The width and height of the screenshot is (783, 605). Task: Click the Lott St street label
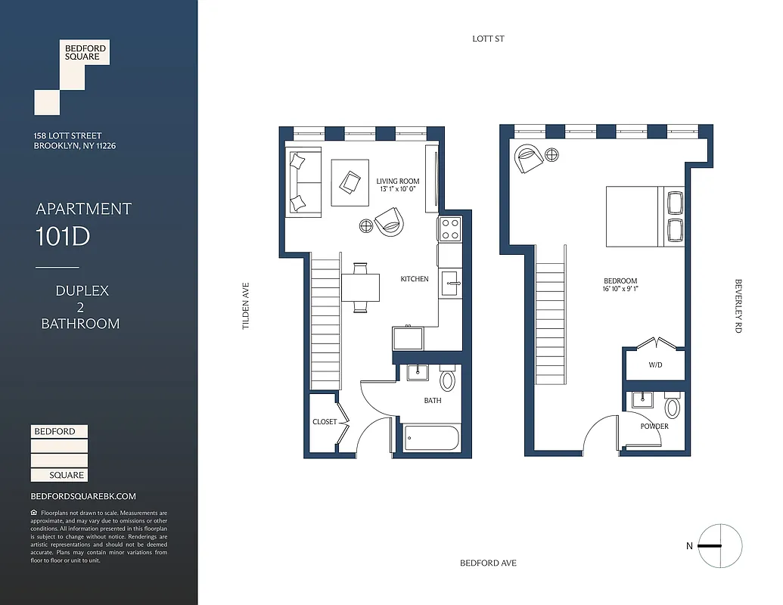[x=488, y=39]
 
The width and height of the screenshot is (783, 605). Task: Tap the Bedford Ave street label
[x=488, y=563]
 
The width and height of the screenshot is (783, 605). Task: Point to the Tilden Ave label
[x=245, y=306]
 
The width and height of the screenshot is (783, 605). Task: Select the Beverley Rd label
[x=738, y=306]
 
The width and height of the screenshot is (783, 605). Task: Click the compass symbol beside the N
[x=720, y=546]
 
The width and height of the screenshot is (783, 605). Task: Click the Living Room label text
[x=397, y=181]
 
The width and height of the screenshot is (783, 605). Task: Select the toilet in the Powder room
[x=672, y=408]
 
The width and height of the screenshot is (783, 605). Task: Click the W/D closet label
[x=654, y=365]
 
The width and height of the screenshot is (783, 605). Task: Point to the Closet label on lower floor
[x=324, y=422]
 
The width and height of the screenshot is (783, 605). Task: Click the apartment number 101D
[x=62, y=237]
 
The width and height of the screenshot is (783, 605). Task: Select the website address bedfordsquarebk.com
[x=83, y=497]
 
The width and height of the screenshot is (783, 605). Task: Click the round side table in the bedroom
[x=552, y=156]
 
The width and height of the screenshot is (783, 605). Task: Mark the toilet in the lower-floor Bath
[x=447, y=380]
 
